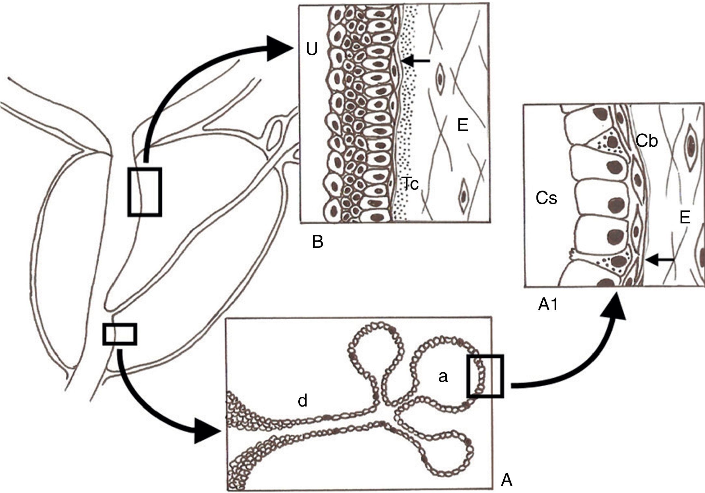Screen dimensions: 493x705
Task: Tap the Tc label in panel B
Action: [x=409, y=184]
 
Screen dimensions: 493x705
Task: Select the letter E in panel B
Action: [x=462, y=125]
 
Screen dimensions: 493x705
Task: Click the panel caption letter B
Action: [x=318, y=242]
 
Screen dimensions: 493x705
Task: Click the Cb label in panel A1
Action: [x=647, y=141]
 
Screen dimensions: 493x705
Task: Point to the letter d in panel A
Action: [x=302, y=401]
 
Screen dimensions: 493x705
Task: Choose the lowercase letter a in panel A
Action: [x=443, y=376]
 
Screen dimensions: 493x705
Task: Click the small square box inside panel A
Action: [x=485, y=376]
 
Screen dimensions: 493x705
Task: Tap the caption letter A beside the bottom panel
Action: [x=507, y=480]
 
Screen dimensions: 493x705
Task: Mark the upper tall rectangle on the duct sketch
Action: [x=144, y=192]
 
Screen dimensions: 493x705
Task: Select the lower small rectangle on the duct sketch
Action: [x=119, y=334]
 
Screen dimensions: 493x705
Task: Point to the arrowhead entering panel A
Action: [x=207, y=433]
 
